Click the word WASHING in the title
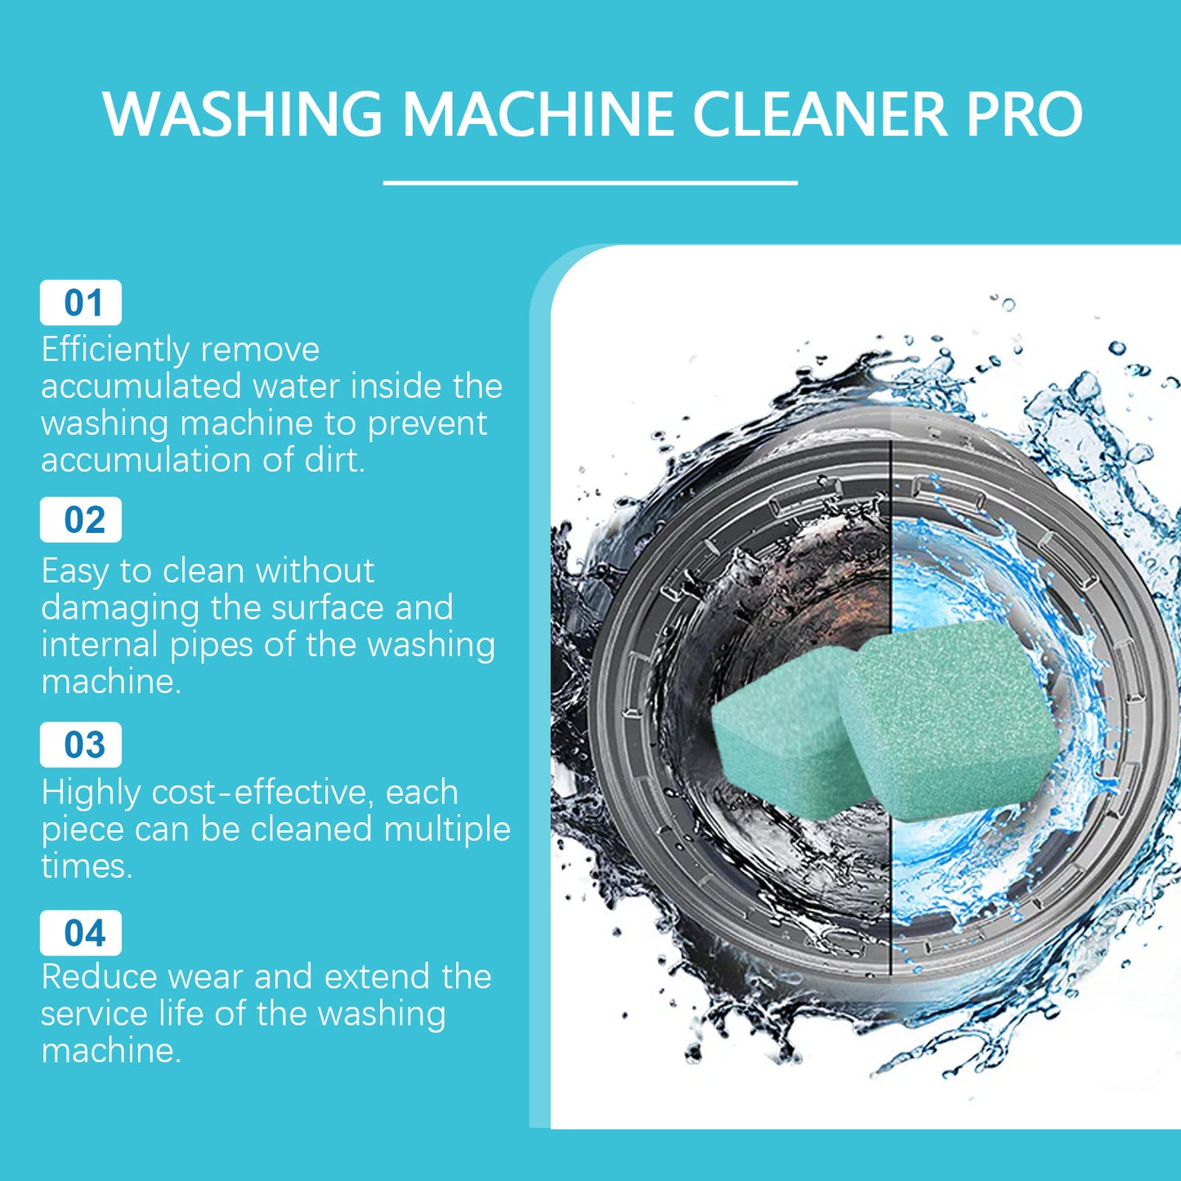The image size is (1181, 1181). pyautogui.click(x=243, y=114)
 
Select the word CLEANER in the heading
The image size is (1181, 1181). pyautogui.click(x=820, y=114)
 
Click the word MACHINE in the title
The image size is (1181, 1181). pyautogui.click(x=538, y=114)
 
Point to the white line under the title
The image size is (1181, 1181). pyautogui.click(x=590, y=183)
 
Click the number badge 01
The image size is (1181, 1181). pyautogui.click(x=81, y=303)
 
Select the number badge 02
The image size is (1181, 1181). pyautogui.click(x=81, y=521)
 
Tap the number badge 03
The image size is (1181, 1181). pyautogui.click(x=81, y=745)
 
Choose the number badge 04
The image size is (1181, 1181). pyautogui.click(x=81, y=933)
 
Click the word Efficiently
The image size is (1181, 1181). pyautogui.click(x=115, y=350)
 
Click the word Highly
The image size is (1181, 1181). pyautogui.click(x=90, y=794)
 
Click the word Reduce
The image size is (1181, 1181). pyautogui.click(x=97, y=977)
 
